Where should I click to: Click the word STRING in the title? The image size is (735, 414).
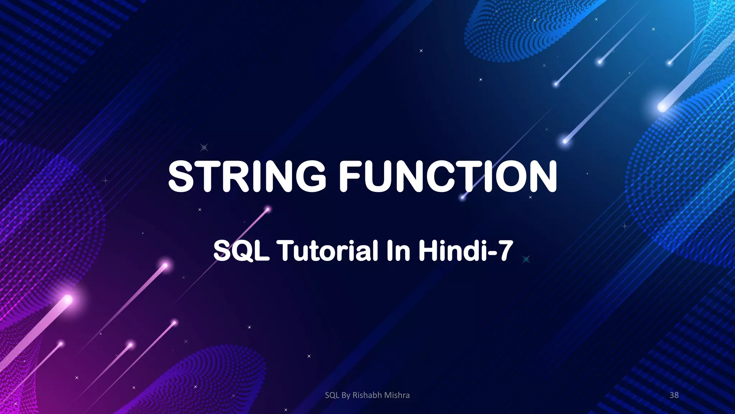(x=247, y=176)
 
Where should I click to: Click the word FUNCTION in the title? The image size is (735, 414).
(x=448, y=176)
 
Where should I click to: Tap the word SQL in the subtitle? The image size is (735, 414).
(x=241, y=250)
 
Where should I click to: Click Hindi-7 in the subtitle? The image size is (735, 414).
(x=465, y=250)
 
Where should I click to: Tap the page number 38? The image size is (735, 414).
(x=674, y=395)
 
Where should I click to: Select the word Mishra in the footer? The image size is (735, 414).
(x=397, y=395)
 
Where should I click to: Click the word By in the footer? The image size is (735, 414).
(x=346, y=395)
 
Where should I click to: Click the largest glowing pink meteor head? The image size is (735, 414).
(x=67, y=299)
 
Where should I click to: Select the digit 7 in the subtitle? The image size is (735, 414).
(x=505, y=250)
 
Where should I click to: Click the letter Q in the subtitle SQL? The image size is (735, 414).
(x=243, y=250)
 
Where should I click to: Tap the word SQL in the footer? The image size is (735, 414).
(x=332, y=395)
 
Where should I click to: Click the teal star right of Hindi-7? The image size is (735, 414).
(x=526, y=259)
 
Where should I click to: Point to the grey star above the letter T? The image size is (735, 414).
(x=204, y=147)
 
